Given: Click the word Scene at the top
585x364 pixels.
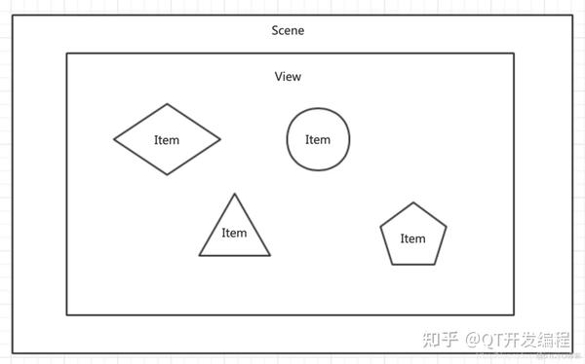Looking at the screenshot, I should tap(288, 31).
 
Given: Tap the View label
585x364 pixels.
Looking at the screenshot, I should tap(288, 77).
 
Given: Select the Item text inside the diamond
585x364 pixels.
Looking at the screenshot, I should tap(167, 140).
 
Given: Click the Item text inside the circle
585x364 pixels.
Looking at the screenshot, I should tap(318, 140).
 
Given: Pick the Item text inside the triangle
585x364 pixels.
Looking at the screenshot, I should tap(234, 234).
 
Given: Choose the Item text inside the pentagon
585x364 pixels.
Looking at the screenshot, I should tap(412, 238).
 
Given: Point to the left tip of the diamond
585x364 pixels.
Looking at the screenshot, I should tap(114, 139).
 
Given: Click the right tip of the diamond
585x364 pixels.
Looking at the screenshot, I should tap(220, 139).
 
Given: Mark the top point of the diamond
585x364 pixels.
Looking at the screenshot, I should tap(167, 104).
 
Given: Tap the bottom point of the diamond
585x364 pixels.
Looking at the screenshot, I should tap(167, 175).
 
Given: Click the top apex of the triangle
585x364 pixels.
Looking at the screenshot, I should tap(234, 194).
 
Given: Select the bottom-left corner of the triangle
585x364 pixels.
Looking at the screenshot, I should tap(200, 255).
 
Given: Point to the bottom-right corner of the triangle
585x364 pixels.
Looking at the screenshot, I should tap(270, 255).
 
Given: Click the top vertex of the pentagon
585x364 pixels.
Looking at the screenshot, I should tap(413, 202).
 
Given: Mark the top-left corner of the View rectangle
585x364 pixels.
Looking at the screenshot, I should tap(67, 54).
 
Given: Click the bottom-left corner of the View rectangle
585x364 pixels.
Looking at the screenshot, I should tap(67, 314).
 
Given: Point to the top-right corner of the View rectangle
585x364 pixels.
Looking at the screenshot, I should tap(514, 54).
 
